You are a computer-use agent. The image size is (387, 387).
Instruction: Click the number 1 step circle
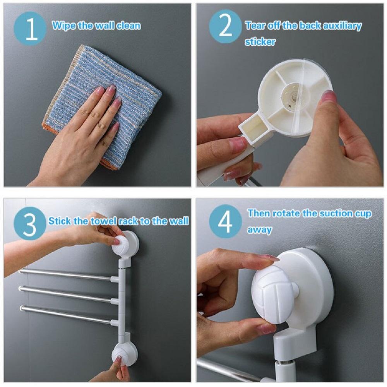(30, 28)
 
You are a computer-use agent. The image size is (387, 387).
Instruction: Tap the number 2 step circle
(225, 27)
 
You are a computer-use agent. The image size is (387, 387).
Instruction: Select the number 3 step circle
(30, 224)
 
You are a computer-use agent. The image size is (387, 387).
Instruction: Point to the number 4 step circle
(225, 221)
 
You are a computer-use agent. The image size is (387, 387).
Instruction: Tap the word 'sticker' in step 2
(260, 42)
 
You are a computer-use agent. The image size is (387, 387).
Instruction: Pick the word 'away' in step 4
(259, 230)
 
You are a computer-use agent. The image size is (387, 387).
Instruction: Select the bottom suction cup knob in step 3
(120, 353)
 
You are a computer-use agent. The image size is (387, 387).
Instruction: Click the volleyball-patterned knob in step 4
(273, 294)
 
